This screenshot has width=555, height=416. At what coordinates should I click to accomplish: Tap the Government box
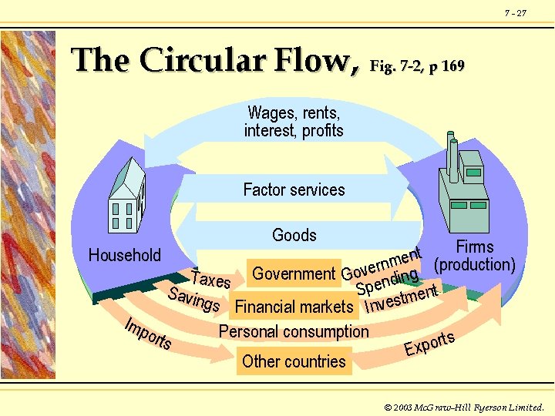294,273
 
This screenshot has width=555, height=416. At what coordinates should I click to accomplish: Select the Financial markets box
294,307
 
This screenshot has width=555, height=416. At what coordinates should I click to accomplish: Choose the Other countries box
294,361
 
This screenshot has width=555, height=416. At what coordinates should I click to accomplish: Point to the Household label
125,255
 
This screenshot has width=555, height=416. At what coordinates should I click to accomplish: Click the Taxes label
210,278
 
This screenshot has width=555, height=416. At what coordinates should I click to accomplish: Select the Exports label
429,343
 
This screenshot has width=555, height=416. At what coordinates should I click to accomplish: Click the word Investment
401,299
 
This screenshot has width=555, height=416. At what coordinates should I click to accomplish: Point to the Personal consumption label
294,331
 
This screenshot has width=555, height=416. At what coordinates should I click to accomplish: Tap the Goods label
294,235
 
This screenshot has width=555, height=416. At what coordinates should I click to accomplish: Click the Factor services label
294,190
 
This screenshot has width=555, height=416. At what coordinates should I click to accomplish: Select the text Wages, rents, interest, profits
294,122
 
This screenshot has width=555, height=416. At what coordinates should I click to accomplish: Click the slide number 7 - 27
516,13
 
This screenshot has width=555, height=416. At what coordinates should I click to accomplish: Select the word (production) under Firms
475,265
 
